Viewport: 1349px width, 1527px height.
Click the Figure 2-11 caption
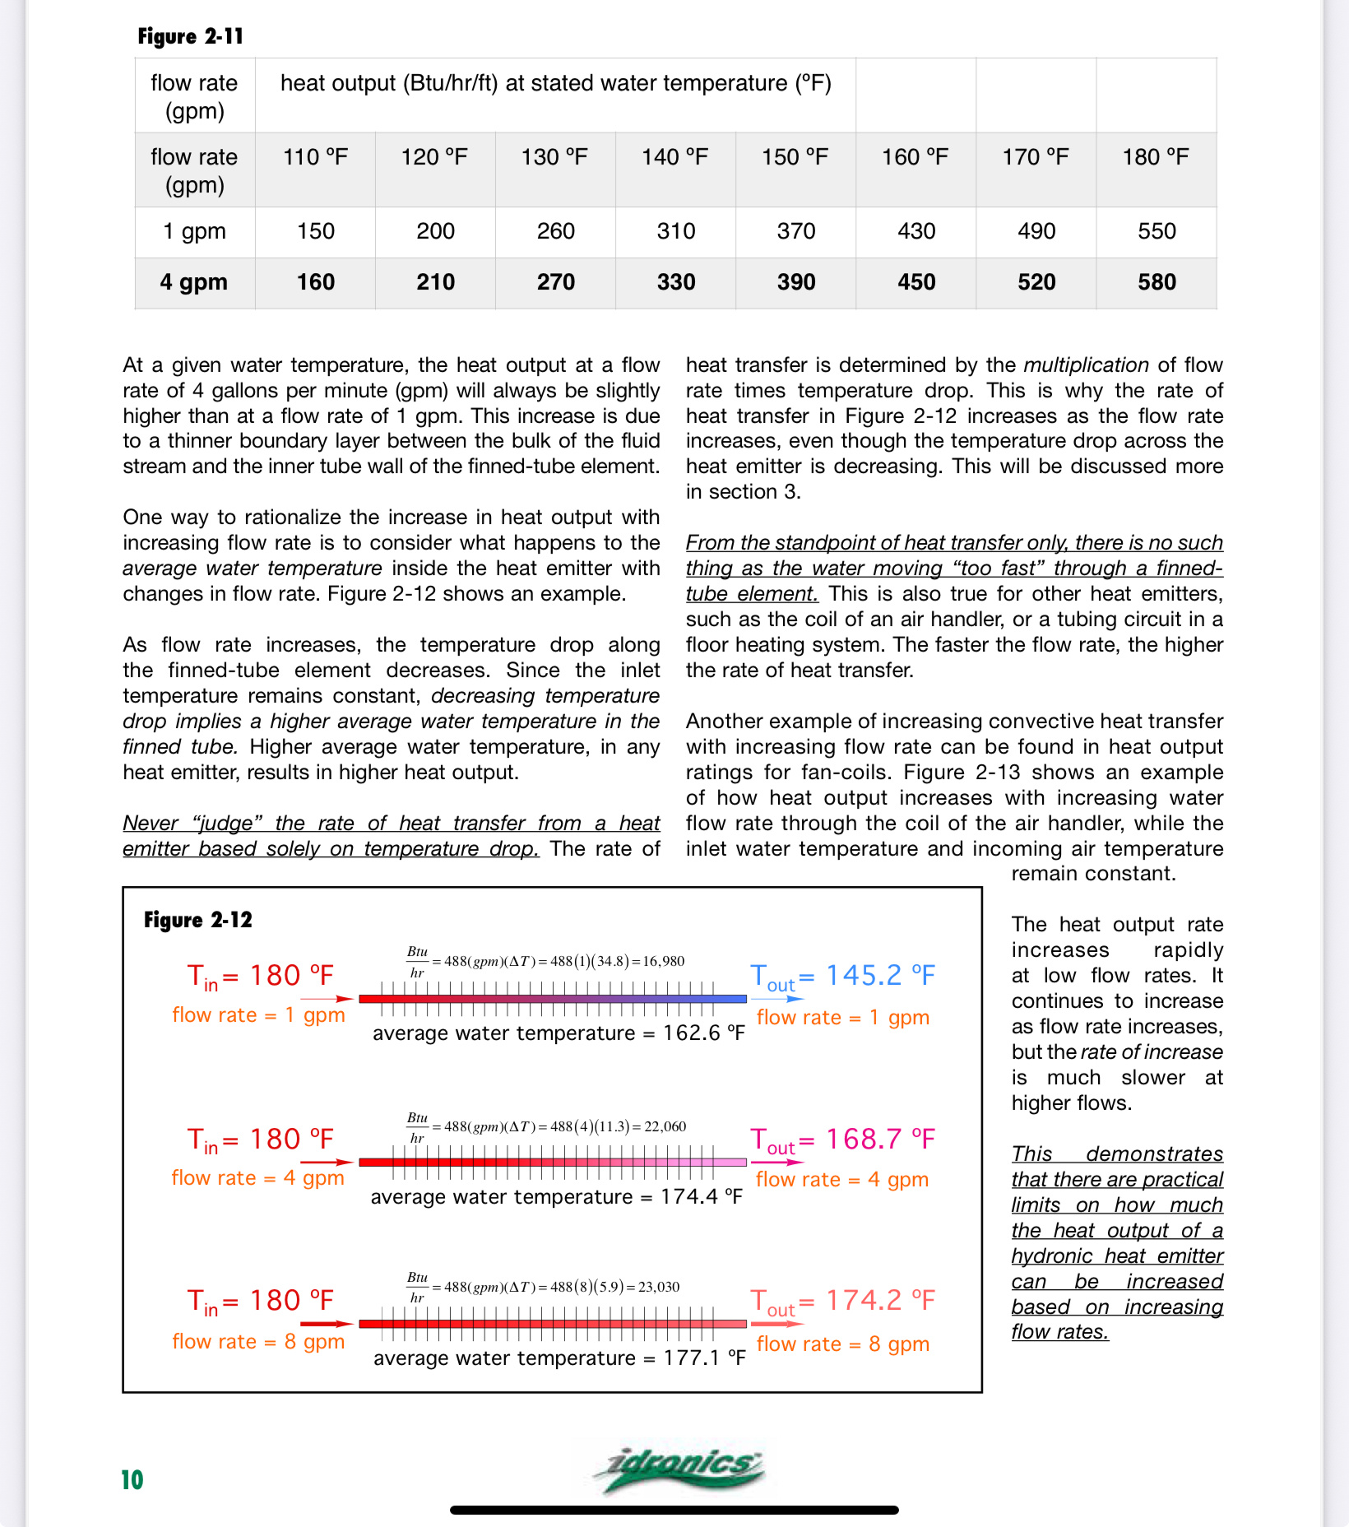pyautogui.click(x=190, y=36)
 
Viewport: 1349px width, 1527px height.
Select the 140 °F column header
pyautogui.click(x=674, y=157)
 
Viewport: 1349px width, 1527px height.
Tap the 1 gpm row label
pyautogui.click(x=194, y=231)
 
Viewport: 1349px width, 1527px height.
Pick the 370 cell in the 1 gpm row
pyautogui.click(x=795, y=231)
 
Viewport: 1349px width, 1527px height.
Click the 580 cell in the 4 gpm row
pyautogui.click(x=1156, y=282)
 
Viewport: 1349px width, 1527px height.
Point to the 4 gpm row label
pyautogui.click(x=194, y=282)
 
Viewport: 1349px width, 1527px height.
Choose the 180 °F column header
pyautogui.click(x=1156, y=157)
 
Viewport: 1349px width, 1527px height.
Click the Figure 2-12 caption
pyautogui.click(x=197, y=920)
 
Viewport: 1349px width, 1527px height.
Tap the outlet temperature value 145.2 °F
pyautogui.click(x=880, y=976)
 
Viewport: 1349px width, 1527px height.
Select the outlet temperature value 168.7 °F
pyautogui.click(x=880, y=1139)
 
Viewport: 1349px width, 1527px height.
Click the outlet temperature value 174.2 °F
pyautogui.click(x=880, y=1301)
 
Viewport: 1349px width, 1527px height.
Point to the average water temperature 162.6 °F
pyautogui.click(x=703, y=1033)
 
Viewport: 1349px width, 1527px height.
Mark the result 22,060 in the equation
pyautogui.click(x=665, y=1127)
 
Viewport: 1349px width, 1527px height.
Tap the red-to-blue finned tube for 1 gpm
pyautogui.click(x=552, y=999)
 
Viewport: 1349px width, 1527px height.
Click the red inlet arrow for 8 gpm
pyautogui.click(x=327, y=1324)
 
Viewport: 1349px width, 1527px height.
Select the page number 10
pyautogui.click(x=132, y=1480)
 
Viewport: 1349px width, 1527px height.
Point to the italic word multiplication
pyautogui.click(x=1085, y=365)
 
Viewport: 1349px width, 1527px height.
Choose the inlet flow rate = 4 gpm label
pyautogui.click(x=257, y=1178)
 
